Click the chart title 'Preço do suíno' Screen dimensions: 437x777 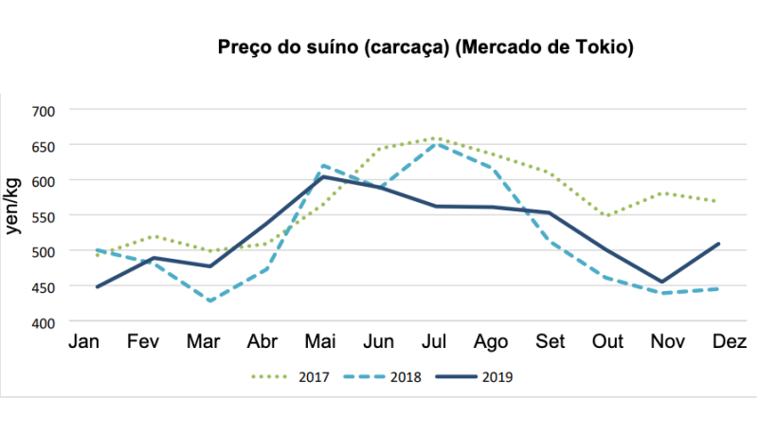(425, 46)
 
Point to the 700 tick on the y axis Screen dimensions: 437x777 (44, 110)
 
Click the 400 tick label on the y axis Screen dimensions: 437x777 (44, 322)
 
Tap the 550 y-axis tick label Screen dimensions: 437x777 (44, 216)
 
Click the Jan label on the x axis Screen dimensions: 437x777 (84, 342)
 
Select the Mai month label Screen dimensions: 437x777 (322, 342)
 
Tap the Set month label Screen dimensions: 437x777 (549, 342)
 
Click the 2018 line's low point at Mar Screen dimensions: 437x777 (208, 301)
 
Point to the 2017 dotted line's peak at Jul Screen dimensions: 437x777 (436, 138)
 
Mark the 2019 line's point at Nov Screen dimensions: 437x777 (662, 282)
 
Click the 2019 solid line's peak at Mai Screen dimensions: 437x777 (322, 176)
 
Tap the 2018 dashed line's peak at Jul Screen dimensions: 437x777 (436, 144)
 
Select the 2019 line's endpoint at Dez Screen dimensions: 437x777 (719, 244)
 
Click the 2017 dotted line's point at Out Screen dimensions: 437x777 (606, 215)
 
